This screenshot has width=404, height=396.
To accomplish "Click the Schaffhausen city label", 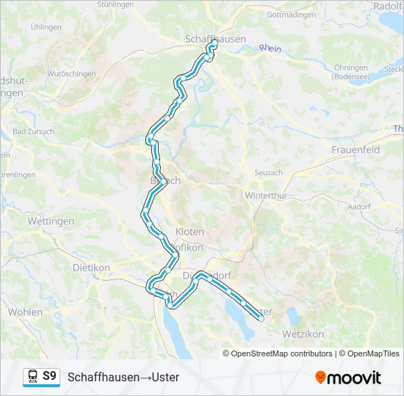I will tap(214, 39).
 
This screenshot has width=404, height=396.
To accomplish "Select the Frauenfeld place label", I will tap(355, 150).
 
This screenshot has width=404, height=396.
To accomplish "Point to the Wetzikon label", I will tap(303, 334).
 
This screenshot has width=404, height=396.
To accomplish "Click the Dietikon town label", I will tap(90, 268).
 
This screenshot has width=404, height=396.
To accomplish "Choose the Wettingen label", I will tap(51, 221).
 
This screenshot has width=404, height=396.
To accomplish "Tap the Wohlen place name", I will tap(25, 312).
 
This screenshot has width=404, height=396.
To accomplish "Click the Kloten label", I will tap(190, 232).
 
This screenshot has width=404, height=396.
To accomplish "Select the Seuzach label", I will tap(268, 172).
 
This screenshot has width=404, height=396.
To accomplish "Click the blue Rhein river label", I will tap(270, 48).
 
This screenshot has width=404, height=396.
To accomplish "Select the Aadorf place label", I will tap(360, 208).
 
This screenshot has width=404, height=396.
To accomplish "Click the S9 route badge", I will tap(49, 376).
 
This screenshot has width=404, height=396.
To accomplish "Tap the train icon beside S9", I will tap(33, 377).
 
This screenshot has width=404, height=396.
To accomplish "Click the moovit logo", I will tap(348, 378).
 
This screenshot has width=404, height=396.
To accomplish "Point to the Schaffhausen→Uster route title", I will tap(123, 377).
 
